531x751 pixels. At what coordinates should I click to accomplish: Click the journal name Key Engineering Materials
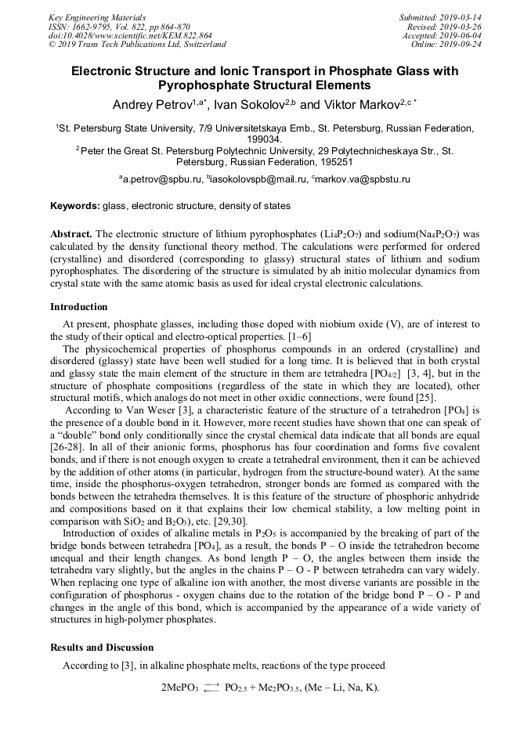[97, 17]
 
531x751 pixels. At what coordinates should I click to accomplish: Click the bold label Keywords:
[74, 206]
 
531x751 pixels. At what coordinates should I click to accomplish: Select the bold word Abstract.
[72, 234]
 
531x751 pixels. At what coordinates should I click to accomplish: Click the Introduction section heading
[79, 306]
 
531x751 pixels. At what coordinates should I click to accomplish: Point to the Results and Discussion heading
[102, 648]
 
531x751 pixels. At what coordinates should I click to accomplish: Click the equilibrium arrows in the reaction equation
[211, 688]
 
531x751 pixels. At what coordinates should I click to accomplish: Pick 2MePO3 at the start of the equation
[179, 688]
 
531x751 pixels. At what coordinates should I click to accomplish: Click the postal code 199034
[265, 139]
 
